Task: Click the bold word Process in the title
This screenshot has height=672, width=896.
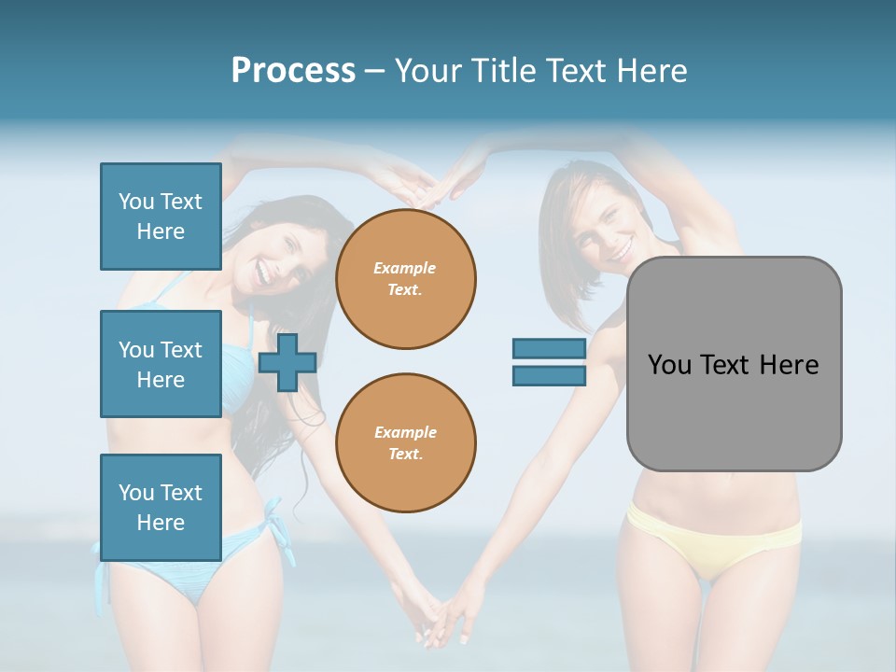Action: [293, 71]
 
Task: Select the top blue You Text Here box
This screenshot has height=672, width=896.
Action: [161, 217]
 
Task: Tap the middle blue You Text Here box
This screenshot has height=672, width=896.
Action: [161, 364]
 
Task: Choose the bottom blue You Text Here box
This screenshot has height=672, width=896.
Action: [161, 508]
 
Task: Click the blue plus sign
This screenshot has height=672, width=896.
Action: [287, 362]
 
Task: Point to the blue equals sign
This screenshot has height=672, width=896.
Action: [549, 362]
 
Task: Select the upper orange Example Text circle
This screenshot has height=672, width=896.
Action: [406, 279]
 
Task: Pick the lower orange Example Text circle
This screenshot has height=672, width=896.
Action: [406, 443]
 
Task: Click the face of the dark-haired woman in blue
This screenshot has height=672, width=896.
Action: [274, 257]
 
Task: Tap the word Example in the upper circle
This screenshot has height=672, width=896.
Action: [404, 268]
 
